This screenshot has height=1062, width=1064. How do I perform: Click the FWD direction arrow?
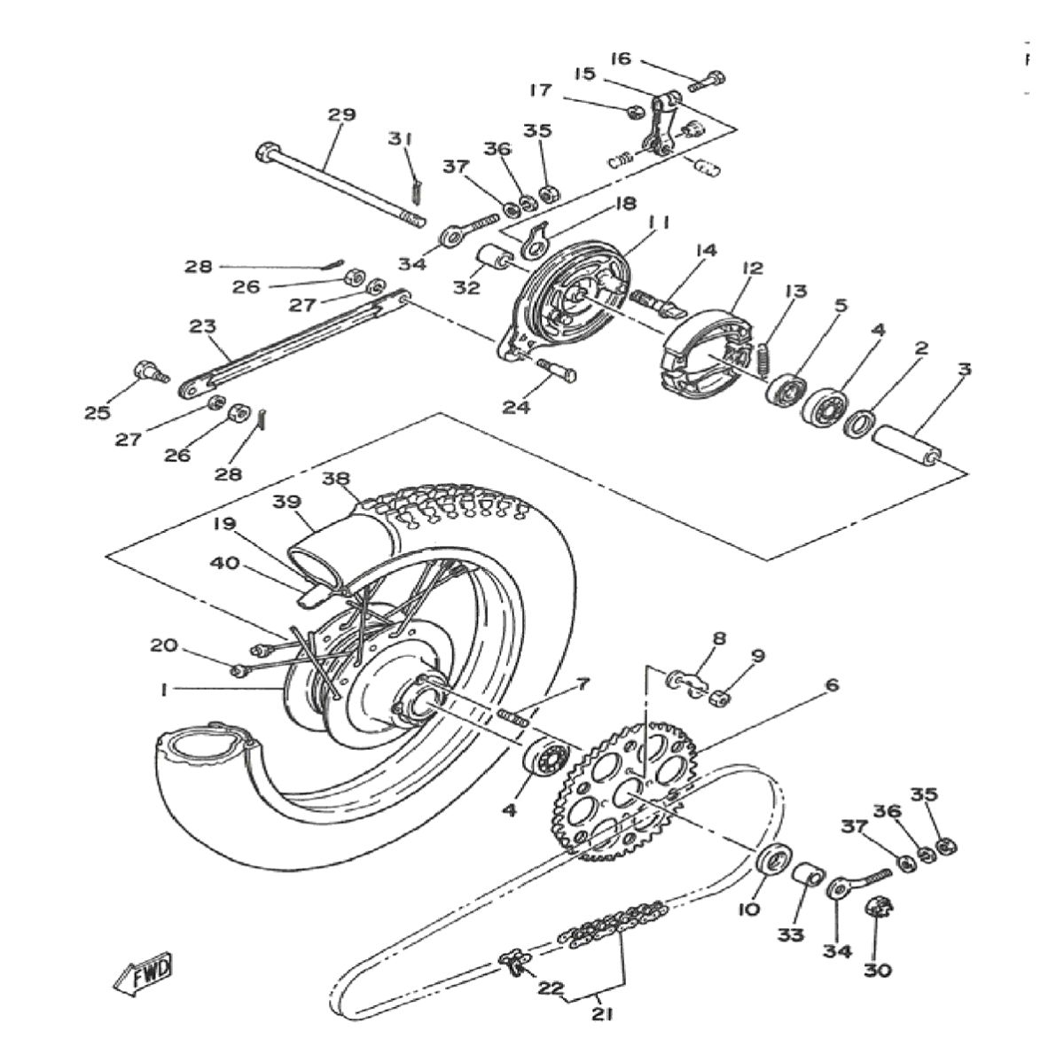[x=142, y=972]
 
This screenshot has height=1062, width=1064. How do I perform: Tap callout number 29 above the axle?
[x=341, y=114]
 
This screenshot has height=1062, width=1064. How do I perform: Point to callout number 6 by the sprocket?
[x=831, y=685]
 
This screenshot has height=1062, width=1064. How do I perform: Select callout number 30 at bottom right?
[x=878, y=970]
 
